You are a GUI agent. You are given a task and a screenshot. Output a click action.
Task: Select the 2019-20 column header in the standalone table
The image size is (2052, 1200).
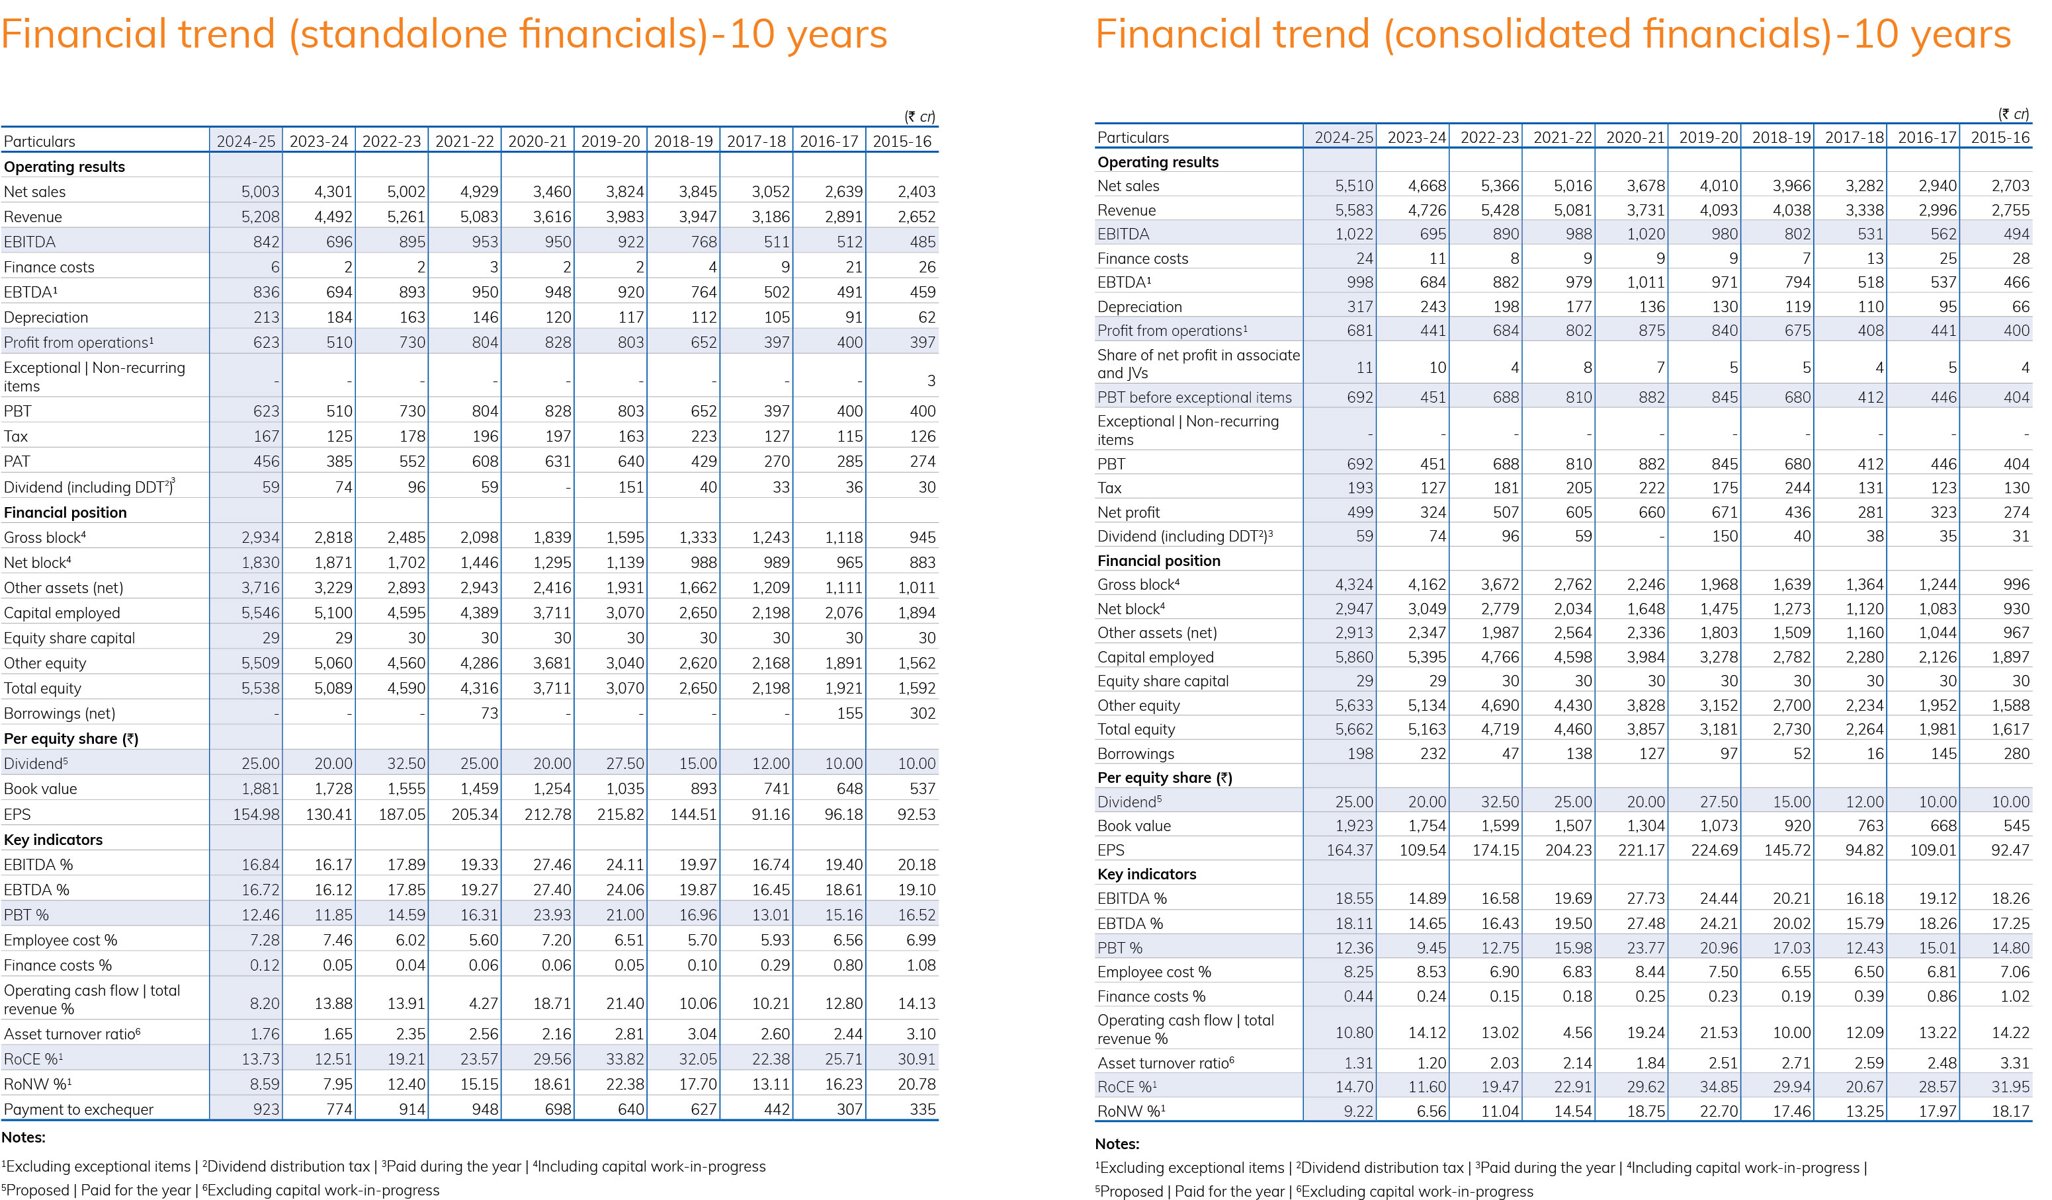pyautogui.click(x=611, y=141)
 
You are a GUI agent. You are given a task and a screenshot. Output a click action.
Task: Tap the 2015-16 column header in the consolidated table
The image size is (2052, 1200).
pyautogui.click(x=2000, y=138)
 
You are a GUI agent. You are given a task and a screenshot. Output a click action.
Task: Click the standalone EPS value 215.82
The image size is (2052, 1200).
pyautogui.click(x=620, y=814)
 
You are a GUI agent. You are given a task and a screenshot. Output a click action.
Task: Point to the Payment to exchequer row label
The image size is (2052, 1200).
pyautogui.click(x=78, y=1109)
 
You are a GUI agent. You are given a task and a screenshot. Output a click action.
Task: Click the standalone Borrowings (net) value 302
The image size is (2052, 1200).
pyautogui.click(x=923, y=713)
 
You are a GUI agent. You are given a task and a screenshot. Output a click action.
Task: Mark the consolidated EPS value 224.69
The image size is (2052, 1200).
pyautogui.click(x=1714, y=850)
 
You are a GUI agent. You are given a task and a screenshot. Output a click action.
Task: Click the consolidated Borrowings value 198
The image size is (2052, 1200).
pyautogui.click(x=1360, y=754)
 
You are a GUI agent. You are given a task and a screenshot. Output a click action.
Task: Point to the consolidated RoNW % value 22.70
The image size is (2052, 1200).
pyautogui.click(x=1719, y=1111)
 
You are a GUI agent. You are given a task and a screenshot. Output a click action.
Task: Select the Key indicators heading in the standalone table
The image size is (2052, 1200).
pyautogui.click(x=53, y=840)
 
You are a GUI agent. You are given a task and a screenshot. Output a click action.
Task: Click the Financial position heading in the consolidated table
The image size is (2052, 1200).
pyautogui.click(x=1159, y=560)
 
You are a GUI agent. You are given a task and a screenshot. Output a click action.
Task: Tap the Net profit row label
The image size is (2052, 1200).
pyautogui.click(x=1128, y=512)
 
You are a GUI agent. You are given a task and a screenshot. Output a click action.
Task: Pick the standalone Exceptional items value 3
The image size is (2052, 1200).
pyautogui.click(x=931, y=381)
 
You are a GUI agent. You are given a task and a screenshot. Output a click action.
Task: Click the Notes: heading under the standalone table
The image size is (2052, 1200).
pyautogui.click(x=24, y=1137)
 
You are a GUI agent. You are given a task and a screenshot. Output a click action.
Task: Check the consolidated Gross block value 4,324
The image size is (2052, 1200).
pyautogui.click(x=1354, y=584)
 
